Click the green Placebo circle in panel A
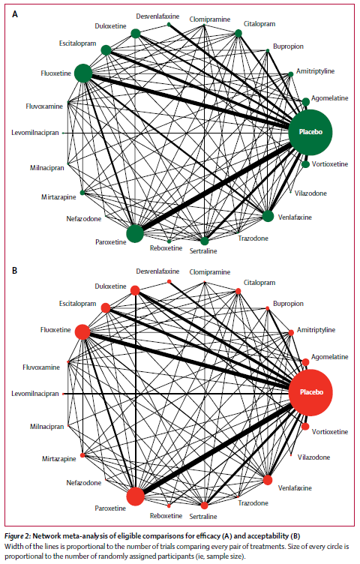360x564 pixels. pyautogui.click(x=310, y=132)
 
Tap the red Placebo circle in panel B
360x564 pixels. pyautogui.click(x=310, y=392)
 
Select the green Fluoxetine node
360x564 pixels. pyautogui.click(x=83, y=73)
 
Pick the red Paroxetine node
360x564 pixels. pyautogui.click(x=135, y=496)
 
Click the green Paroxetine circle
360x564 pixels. pyautogui.click(x=135, y=233)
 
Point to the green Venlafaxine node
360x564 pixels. pyautogui.click(x=268, y=216)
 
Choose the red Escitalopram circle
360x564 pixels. pyautogui.click(x=106, y=308)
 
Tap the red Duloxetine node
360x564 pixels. pyautogui.click(x=135, y=290)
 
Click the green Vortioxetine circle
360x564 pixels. pyautogui.click(x=306, y=164)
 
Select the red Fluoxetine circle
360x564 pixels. pyautogui.click(x=82, y=331)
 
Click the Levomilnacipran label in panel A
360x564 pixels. pyautogui.click(x=35, y=133)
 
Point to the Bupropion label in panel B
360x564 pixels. pyautogui.click(x=288, y=304)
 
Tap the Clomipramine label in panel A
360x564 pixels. pyautogui.click(x=210, y=19)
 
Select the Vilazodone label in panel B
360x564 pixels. pyautogui.click(x=313, y=457)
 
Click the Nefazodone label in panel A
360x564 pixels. pyautogui.click(x=84, y=219)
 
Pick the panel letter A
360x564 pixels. pyautogui.click(x=15, y=14)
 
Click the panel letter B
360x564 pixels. pyautogui.click(x=15, y=271)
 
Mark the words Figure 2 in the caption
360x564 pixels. pyautogui.click(x=17, y=536)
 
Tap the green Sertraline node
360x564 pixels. pyautogui.click(x=204, y=241)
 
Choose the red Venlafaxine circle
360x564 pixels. pyautogui.click(x=268, y=480)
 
